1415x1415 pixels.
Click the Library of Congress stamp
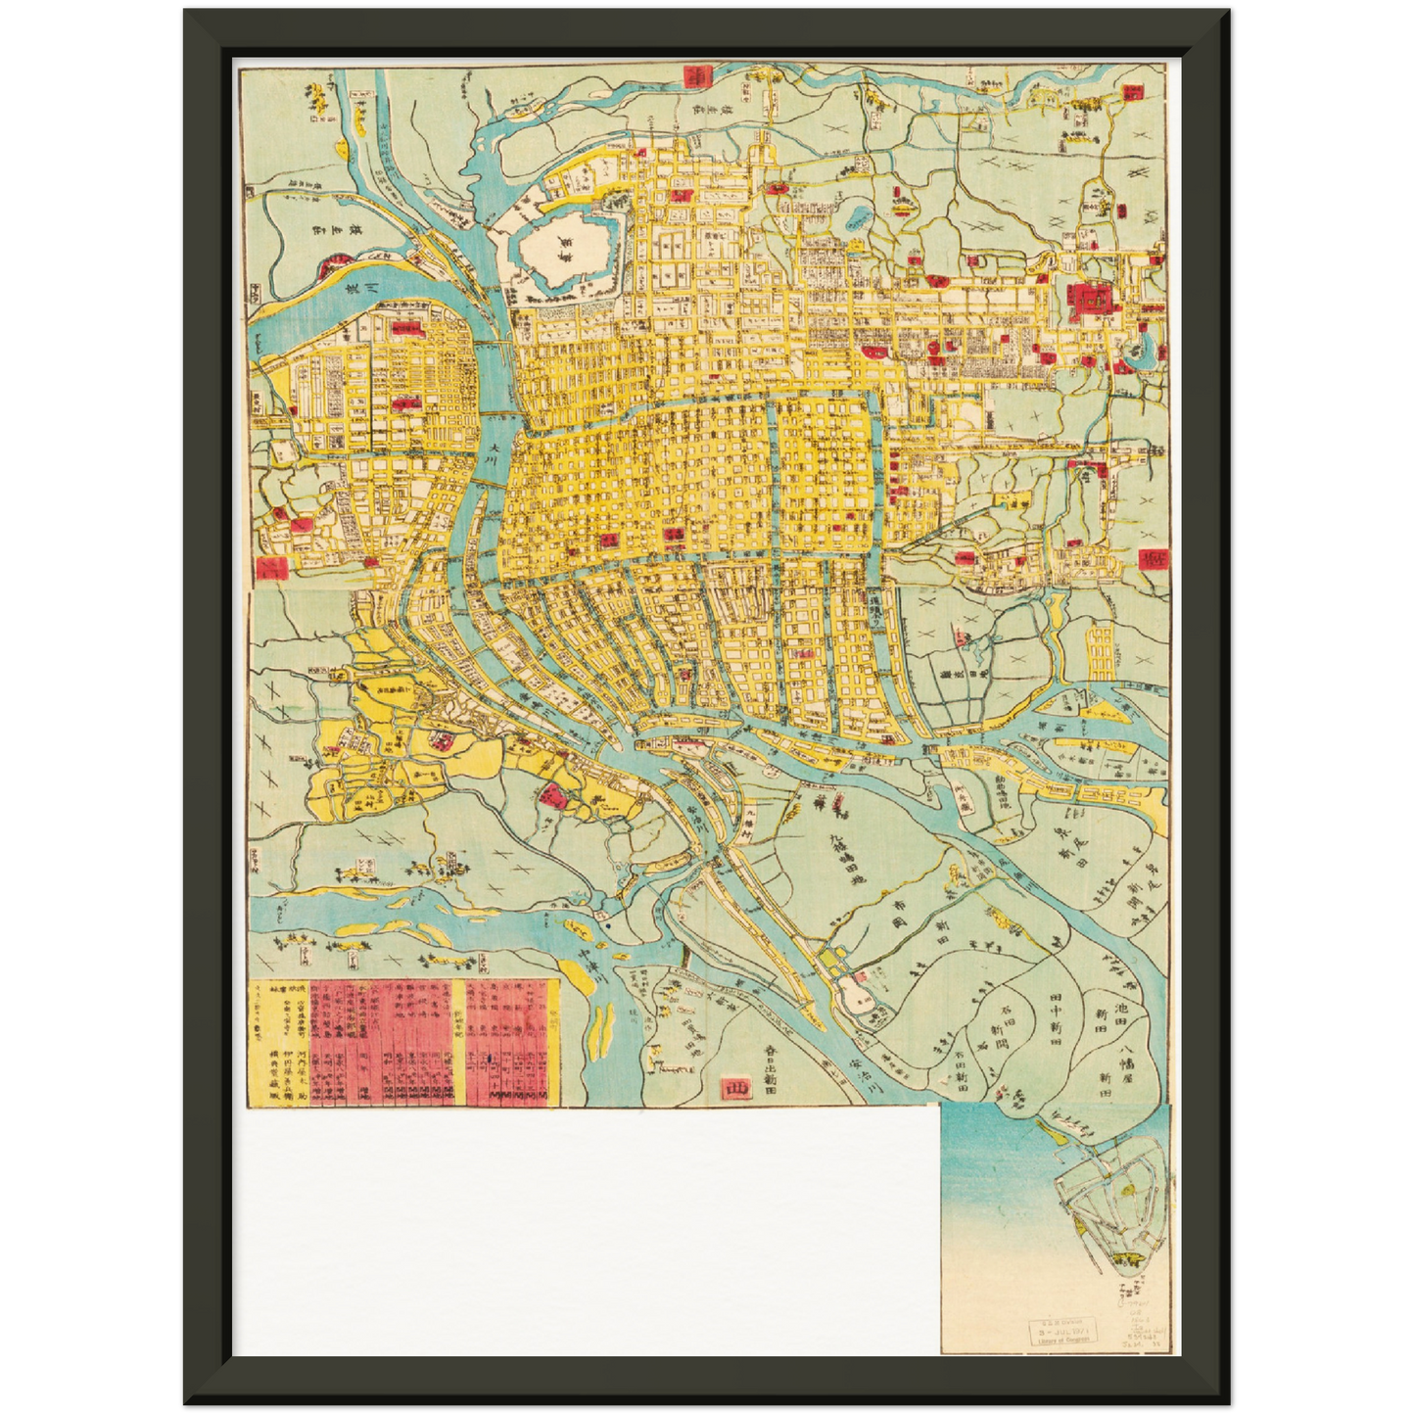(x=1062, y=1332)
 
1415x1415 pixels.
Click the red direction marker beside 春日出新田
(x=731, y=1087)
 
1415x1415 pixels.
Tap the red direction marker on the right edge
(x=1152, y=557)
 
